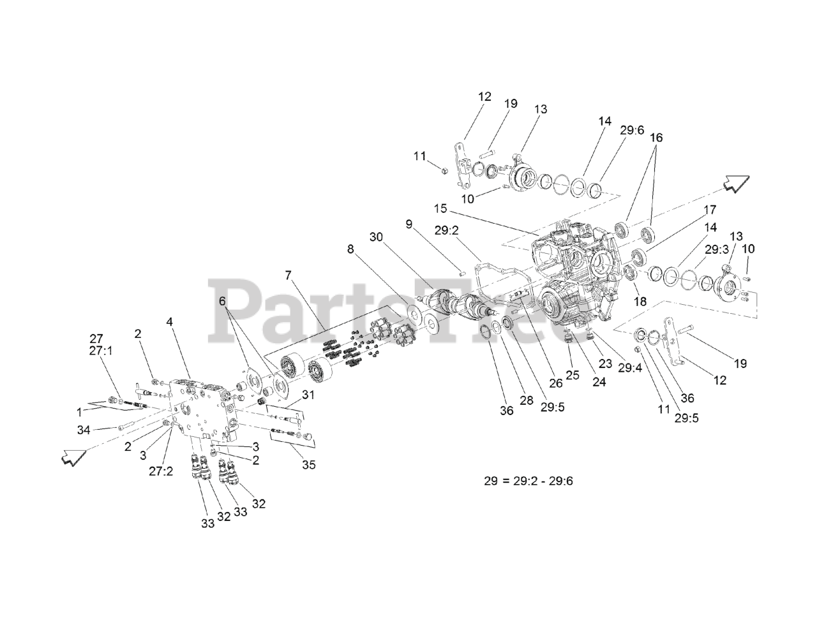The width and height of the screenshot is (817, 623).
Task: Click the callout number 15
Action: tap(440, 209)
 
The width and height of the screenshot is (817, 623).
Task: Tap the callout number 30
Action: tap(377, 237)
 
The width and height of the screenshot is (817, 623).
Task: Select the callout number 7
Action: tap(289, 275)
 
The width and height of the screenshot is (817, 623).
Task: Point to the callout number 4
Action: tap(170, 322)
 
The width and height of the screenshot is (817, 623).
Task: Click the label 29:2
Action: tap(447, 230)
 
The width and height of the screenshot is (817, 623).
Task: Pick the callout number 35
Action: tap(308, 465)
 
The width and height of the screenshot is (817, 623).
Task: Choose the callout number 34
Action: tap(84, 430)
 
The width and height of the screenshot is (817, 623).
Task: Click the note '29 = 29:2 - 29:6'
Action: tap(528, 480)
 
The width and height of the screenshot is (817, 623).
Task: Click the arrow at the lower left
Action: tap(72, 457)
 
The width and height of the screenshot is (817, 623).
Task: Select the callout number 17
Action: tap(710, 209)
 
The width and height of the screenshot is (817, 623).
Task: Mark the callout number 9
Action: tap(408, 224)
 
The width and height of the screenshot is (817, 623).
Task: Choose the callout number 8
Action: tap(350, 249)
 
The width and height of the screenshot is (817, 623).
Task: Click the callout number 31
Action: tap(308, 395)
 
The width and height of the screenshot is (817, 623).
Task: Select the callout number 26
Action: tap(555, 385)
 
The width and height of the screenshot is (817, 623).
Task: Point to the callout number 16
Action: tap(657, 137)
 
